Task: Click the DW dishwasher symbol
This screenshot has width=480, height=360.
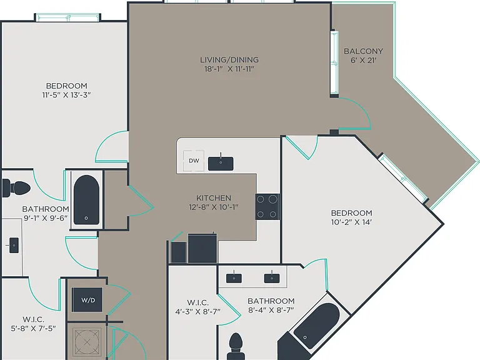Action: (x=194, y=161)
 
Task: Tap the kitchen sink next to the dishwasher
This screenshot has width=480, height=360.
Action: (x=221, y=164)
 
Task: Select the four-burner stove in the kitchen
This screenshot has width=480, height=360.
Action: (x=267, y=207)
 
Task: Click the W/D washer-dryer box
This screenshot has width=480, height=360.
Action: (x=87, y=300)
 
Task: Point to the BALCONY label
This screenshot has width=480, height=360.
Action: (x=363, y=51)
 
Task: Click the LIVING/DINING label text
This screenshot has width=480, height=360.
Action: (x=229, y=60)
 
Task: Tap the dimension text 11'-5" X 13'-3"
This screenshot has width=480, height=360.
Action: (x=66, y=95)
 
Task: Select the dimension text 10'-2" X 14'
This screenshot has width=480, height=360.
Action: (x=351, y=222)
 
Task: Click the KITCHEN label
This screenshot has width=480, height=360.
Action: (x=214, y=197)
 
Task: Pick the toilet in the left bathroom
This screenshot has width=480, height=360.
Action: (x=16, y=187)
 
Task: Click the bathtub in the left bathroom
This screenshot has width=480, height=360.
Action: (x=86, y=199)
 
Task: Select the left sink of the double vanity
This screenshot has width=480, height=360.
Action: (x=234, y=278)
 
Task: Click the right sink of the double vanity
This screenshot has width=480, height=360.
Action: (x=272, y=278)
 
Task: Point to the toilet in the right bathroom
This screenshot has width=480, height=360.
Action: (x=236, y=346)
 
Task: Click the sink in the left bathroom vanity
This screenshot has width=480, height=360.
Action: (x=14, y=245)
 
